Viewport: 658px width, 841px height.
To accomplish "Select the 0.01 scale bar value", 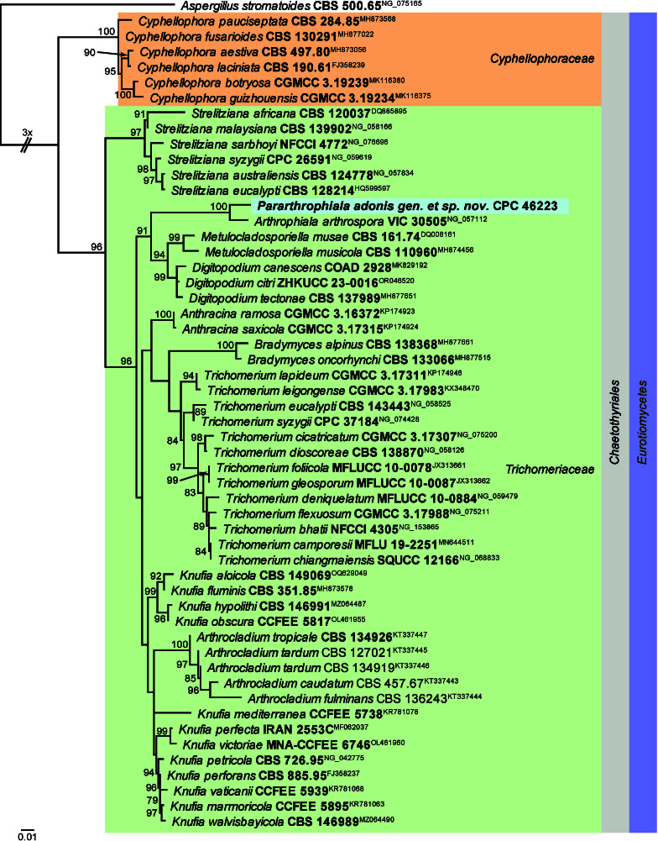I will tap(27, 835).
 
